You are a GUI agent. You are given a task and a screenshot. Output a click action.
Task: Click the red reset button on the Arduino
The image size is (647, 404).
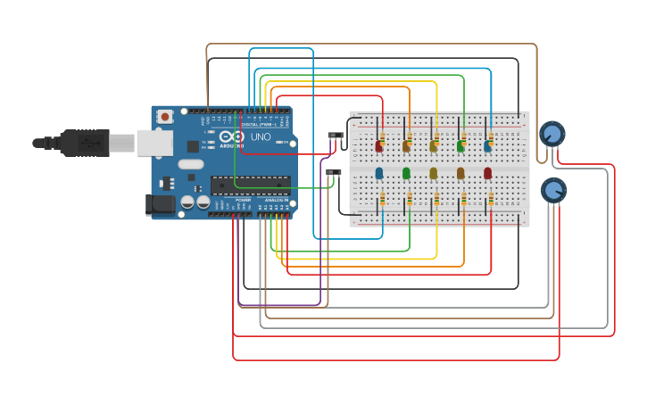pos(165,116)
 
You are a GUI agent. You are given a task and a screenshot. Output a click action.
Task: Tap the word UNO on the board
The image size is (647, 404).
pos(261,137)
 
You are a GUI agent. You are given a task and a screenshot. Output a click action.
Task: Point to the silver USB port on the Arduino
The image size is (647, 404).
pos(154,143)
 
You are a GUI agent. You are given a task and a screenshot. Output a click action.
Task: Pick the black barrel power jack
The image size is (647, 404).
pos(161,204)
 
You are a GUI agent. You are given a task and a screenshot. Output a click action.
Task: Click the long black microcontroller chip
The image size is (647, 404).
pos(250,185)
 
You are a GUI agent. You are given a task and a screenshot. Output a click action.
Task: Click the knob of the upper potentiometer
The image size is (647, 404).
pos(552,135)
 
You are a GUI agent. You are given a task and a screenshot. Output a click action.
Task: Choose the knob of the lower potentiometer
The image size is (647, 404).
pos(553,190)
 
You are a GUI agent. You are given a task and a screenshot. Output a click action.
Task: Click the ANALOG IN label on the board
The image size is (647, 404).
pos(276,202)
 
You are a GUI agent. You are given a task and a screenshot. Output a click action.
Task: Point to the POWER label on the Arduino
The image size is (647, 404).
pos(243,202)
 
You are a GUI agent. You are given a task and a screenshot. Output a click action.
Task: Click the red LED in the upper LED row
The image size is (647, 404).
pos(379,145)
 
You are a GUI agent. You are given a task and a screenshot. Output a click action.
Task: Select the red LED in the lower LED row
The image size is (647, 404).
pos(487,172)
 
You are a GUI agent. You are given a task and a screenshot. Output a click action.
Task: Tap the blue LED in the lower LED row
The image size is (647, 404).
pos(379,172)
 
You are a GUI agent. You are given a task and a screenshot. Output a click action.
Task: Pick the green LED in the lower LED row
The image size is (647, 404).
pos(406,172)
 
